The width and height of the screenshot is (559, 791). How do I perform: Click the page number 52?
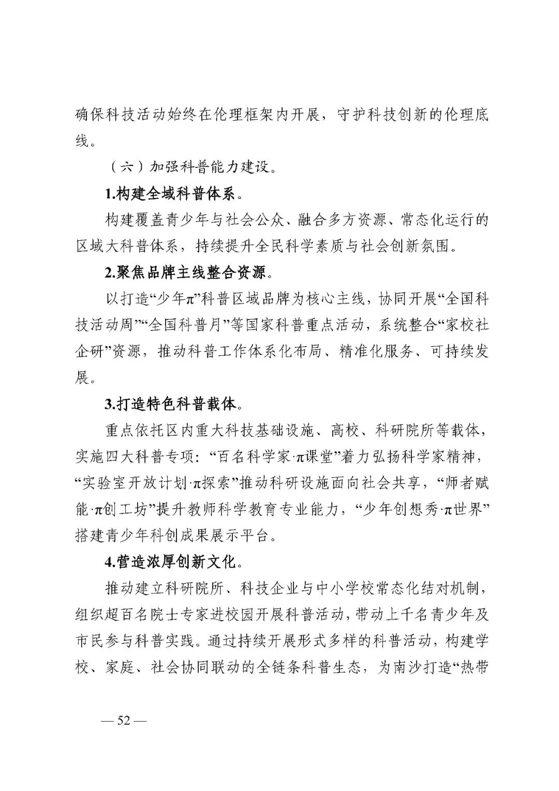124,721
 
